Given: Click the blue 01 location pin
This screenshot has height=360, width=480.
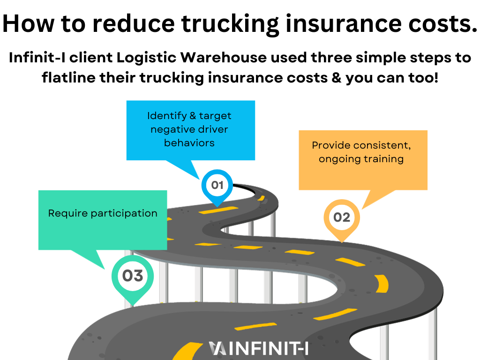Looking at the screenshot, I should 217,186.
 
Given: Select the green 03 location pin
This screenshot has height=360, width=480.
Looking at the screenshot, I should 133,276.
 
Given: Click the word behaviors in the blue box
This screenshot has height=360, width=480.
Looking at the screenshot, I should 189,143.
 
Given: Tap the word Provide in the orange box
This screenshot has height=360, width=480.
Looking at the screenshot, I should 328,145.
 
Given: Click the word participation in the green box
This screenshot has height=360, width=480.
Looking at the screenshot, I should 124,214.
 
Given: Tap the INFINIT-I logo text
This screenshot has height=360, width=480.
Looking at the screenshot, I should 265,349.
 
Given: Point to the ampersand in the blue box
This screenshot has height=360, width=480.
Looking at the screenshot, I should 191,116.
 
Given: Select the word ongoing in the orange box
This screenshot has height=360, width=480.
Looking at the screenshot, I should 338,159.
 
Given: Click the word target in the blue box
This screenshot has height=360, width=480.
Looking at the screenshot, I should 215,116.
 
